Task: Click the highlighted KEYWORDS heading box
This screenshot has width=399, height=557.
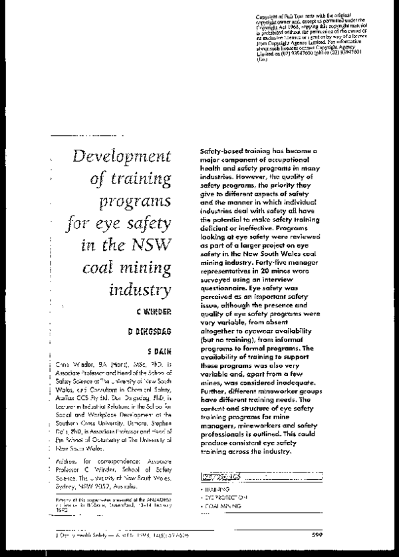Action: pos(221,475)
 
